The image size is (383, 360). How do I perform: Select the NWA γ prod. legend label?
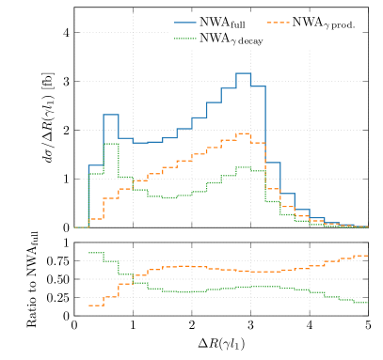[323, 22]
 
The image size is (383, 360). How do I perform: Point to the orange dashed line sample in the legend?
[279, 21]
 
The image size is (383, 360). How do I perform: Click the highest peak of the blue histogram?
[243, 72]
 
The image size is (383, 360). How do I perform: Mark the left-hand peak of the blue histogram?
[110, 115]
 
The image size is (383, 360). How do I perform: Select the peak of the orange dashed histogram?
[243, 133]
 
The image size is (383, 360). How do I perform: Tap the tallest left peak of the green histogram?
[110, 143]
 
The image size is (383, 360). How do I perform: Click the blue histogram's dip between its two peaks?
[140, 143]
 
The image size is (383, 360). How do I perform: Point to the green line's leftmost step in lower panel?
[95, 253]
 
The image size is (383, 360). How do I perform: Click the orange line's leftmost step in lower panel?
[95, 305]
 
